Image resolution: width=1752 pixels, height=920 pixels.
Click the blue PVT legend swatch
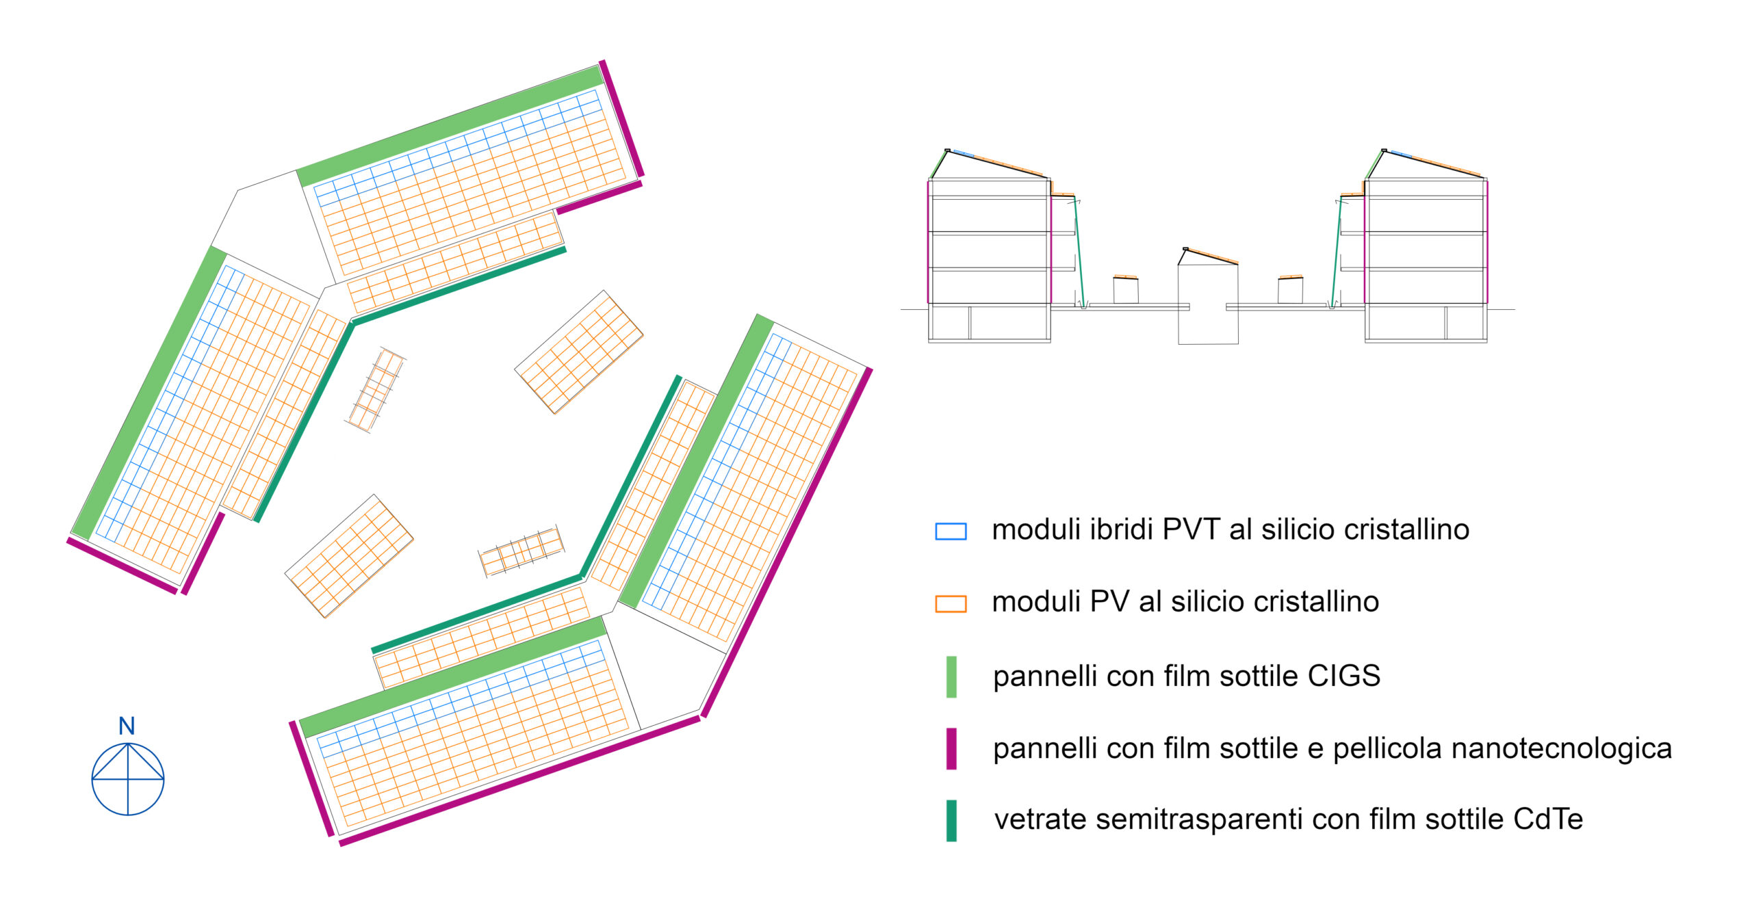click(951, 531)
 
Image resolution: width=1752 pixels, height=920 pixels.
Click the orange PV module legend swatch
click(951, 603)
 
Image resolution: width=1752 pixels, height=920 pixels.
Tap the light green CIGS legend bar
click(951, 676)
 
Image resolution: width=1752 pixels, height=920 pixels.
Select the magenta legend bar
click(951, 748)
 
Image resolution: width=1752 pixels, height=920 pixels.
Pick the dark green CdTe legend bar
click(951, 820)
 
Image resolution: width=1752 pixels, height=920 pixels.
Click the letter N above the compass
click(127, 726)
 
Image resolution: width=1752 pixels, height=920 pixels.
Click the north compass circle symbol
click(128, 779)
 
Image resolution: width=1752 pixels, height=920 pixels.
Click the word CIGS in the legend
click(1343, 676)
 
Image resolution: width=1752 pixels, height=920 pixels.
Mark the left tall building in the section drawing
click(989, 246)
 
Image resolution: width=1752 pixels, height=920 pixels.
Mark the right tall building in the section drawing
click(1426, 246)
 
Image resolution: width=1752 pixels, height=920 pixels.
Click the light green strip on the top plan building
click(450, 127)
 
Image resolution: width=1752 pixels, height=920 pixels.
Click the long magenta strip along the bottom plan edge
click(520, 780)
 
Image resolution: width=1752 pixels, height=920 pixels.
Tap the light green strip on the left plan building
click(149, 393)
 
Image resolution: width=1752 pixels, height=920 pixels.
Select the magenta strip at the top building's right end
click(621, 118)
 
